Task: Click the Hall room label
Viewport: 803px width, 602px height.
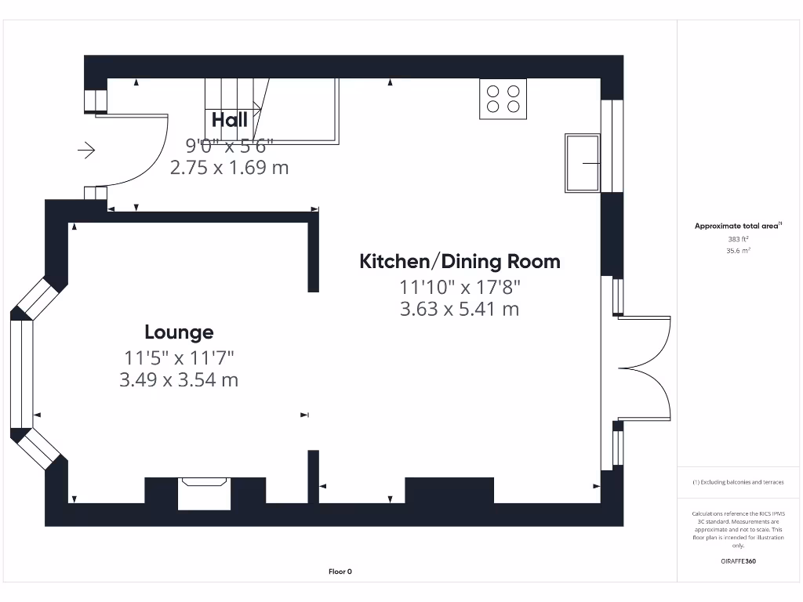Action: (229, 119)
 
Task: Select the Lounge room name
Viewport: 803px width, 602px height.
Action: (179, 332)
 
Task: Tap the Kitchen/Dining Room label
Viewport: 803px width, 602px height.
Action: (460, 261)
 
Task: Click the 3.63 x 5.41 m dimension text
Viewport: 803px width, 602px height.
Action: (460, 309)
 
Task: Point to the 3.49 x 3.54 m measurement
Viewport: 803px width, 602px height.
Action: (179, 380)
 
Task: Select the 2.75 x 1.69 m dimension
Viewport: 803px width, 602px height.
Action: (229, 167)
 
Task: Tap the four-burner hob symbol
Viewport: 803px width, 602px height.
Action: (503, 99)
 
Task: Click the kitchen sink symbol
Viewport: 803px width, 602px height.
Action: (581, 163)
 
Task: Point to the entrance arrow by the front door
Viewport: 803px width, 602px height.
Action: (85, 149)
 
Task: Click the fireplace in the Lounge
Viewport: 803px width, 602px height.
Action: (204, 492)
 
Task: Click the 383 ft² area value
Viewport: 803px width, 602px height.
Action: (737, 240)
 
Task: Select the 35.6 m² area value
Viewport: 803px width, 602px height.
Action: (737, 251)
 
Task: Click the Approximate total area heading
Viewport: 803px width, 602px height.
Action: (737, 226)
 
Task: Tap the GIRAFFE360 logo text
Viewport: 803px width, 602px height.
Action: (737, 561)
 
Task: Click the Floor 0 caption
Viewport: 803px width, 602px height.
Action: (340, 571)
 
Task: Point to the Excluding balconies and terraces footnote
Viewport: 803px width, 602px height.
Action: (737, 482)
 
